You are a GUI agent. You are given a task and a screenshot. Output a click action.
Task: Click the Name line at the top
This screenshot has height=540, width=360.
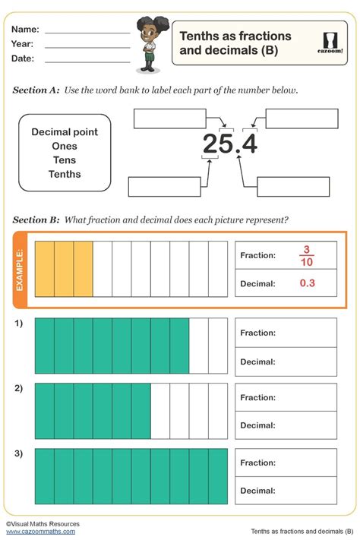(x=87, y=33)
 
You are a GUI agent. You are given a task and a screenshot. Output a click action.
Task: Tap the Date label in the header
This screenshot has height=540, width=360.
(x=23, y=58)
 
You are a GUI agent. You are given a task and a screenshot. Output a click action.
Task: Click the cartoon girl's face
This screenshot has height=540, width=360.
(x=146, y=32)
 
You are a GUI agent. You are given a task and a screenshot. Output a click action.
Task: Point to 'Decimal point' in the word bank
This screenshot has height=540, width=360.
(x=65, y=132)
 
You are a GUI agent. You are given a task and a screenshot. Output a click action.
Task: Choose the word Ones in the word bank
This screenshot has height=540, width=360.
(x=65, y=146)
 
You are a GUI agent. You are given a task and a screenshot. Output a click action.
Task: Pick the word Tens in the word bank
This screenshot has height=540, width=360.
(x=65, y=160)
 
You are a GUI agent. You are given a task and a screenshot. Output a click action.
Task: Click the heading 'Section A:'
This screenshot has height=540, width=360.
(x=36, y=90)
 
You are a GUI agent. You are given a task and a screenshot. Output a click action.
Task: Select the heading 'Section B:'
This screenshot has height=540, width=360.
(x=36, y=220)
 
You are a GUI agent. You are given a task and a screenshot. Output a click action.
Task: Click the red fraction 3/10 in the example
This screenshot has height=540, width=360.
(x=307, y=256)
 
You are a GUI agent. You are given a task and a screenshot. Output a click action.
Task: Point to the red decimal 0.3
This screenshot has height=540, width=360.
(x=307, y=283)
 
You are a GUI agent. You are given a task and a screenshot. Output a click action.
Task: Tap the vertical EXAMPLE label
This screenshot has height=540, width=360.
(x=21, y=269)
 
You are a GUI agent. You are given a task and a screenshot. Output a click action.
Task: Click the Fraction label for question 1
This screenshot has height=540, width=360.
(x=257, y=333)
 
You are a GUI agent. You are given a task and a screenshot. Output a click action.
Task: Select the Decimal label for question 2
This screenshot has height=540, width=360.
(x=257, y=426)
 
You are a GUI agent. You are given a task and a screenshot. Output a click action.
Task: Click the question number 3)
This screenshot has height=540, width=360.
(x=18, y=454)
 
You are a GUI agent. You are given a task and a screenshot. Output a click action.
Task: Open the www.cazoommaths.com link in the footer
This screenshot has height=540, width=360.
(x=42, y=532)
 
